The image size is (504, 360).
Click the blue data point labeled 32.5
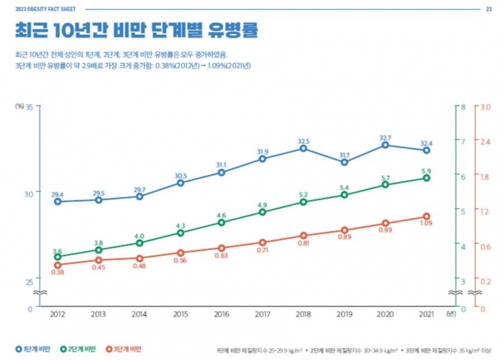point(304,148)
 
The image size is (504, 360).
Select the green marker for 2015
point(181,233)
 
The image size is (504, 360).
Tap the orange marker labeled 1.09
point(426,216)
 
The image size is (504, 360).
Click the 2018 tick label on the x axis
point(304,313)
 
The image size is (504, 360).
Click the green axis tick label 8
point(462,107)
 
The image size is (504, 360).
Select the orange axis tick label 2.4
point(486,141)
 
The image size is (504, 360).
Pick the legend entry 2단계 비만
point(79,348)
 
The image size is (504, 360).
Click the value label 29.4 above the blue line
point(57,194)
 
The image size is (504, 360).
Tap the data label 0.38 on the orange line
point(58,273)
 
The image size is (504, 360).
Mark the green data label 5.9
point(426,171)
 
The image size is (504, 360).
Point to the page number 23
point(488,9)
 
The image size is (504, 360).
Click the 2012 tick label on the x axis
point(57,313)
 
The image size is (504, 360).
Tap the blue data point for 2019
point(345,161)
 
